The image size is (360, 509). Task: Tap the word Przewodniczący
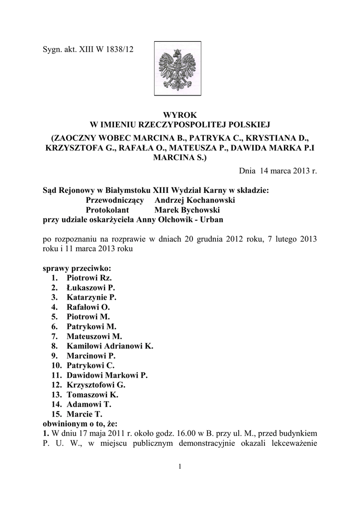point(115,200)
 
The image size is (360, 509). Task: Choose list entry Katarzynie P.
point(91,297)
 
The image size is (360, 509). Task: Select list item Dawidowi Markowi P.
point(106,375)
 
